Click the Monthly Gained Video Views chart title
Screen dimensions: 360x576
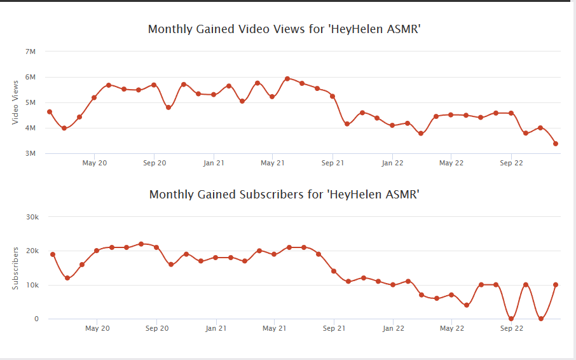click(284, 29)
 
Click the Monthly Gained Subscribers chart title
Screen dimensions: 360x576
click(284, 195)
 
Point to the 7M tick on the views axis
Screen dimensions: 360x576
click(31, 52)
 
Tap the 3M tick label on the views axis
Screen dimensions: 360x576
click(31, 153)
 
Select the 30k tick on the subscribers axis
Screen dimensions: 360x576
click(31, 217)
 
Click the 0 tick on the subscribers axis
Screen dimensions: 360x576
click(36, 319)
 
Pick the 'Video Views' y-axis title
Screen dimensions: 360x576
click(15, 102)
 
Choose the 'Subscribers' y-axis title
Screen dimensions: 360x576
click(15, 268)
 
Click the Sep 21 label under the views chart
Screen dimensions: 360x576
click(333, 163)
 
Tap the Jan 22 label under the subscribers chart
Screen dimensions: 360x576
click(394, 329)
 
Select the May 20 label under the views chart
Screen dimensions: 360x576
click(94, 163)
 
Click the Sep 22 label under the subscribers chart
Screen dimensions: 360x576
click(512, 329)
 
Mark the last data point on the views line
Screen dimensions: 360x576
click(556, 144)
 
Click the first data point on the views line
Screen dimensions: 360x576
click(50, 112)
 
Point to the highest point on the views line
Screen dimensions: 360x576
click(287, 79)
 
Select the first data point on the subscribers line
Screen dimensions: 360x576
click(53, 254)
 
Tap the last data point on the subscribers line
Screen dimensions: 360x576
click(556, 285)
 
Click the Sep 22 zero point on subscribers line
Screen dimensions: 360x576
click(511, 319)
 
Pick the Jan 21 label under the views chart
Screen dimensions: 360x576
click(214, 163)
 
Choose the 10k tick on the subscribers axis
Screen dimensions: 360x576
click(32, 285)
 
